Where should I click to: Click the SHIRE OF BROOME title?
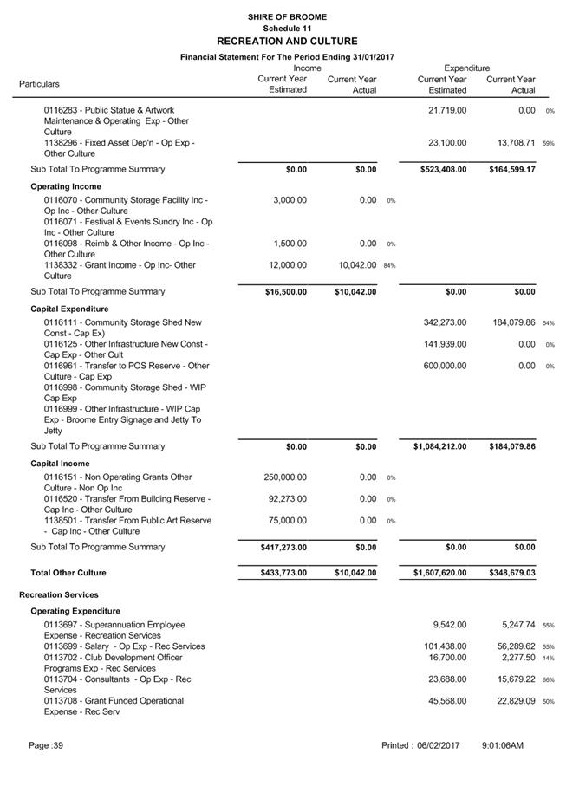(286, 16)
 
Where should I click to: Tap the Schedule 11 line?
(286, 29)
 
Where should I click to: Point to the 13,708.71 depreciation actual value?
(511, 142)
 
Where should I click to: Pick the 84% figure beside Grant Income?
(389, 266)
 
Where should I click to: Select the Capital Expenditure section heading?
(69, 309)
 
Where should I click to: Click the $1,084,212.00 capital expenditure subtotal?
(435, 446)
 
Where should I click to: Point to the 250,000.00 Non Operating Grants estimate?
(285, 477)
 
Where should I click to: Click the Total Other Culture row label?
(68, 573)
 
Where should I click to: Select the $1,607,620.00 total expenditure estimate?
(435, 573)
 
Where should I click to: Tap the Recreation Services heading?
(59, 595)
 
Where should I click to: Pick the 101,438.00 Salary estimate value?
(445, 646)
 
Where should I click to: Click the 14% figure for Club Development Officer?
(549, 659)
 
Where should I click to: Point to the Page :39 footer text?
(47, 745)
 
